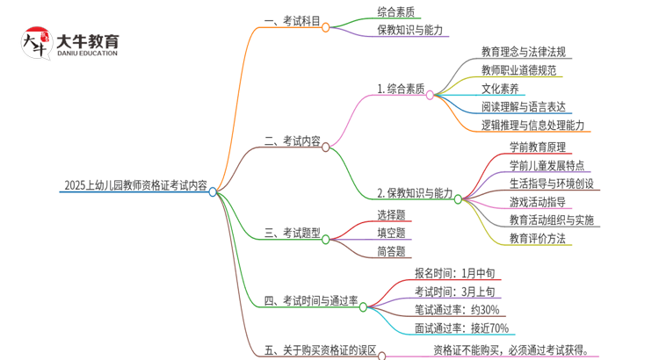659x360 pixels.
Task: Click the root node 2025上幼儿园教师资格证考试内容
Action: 135,186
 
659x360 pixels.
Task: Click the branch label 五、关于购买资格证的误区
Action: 320,350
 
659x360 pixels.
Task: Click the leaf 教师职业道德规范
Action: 518,70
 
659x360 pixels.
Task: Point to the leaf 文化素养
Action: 499,89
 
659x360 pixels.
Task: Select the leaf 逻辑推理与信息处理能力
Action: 532,126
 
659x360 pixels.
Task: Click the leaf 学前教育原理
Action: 538,147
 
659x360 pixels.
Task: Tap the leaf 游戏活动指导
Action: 538,202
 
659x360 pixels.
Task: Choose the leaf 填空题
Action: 391,233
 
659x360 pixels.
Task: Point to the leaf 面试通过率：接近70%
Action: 461,328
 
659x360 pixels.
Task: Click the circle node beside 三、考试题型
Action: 328,234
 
